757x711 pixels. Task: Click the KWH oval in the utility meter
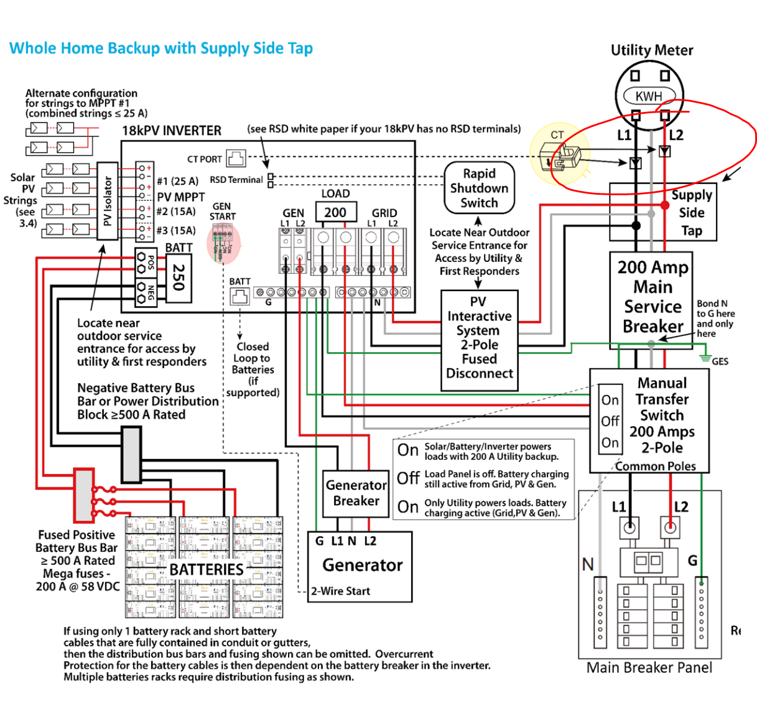click(x=649, y=96)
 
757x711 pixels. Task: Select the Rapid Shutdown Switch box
click(x=479, y=188)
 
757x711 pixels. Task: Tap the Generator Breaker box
click(x=356, y=493)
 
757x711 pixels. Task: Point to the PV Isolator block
click(x=108, y=201)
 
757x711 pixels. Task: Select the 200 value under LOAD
click(x=335, y=212)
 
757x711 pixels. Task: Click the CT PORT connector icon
click(x=236, y=159)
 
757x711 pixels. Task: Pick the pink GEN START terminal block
click(x=223, y=243)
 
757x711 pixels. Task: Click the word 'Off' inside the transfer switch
click(x=610, y=421)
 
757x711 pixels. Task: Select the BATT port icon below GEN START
click(x=239, y=298)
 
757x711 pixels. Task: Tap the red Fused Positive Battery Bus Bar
click(x=84, y=495)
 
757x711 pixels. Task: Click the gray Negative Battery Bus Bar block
click(x=131, y=455)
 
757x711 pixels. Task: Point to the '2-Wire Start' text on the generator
click(x=341, y=591)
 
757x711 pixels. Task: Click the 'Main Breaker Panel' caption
click(x=649, y=667)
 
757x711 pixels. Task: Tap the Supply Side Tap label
click(x=692, y=213)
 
